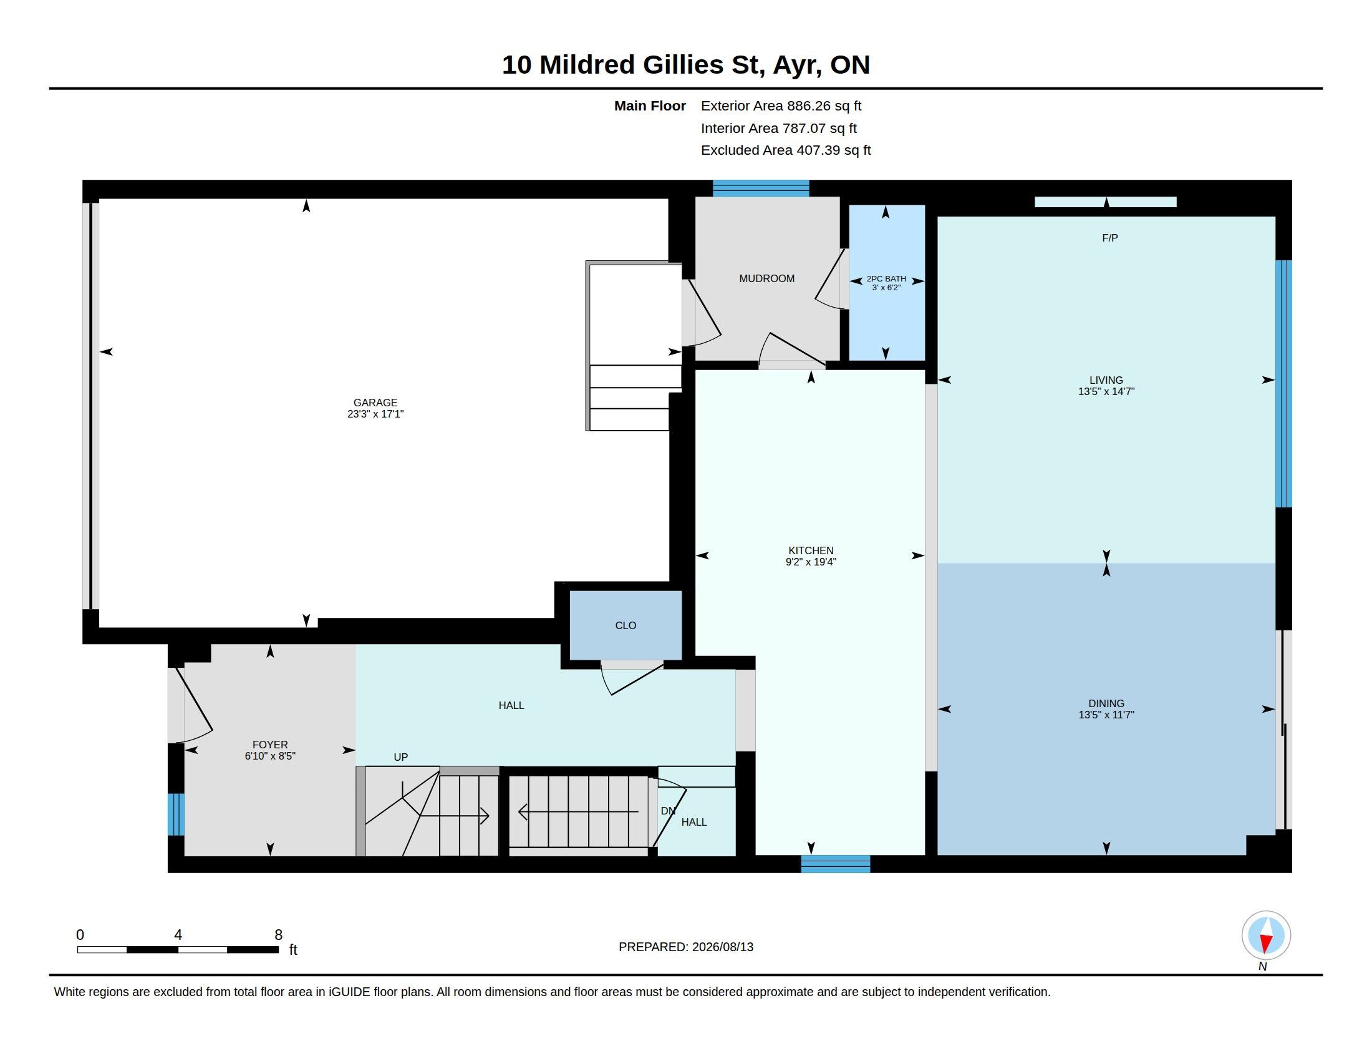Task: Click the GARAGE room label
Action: click(375, 403)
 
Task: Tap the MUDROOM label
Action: click(766, 278)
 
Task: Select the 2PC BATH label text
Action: click(886, 279)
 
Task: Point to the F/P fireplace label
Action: click(1110, 238)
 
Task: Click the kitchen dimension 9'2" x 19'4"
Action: click(810, 562)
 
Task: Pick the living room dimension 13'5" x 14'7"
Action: click(1106, 391)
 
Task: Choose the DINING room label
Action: click(1106, 703)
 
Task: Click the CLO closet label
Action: click(626, 625)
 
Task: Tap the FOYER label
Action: click(270, 745)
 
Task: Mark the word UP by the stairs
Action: click(401, 757)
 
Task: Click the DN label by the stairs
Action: click(668, 811)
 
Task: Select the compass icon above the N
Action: click(1266, 936)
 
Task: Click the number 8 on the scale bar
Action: click(278, 935)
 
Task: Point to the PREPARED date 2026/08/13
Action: click(722, 947)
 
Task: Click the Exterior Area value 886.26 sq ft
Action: click(824, 105)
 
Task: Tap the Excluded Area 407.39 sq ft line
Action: click(786, 150)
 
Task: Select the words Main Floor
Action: click(650, 105)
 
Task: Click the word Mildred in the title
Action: click(587, 65)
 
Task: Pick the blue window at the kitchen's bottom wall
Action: click(836, 864)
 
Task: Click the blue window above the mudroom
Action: click(761, 188)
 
